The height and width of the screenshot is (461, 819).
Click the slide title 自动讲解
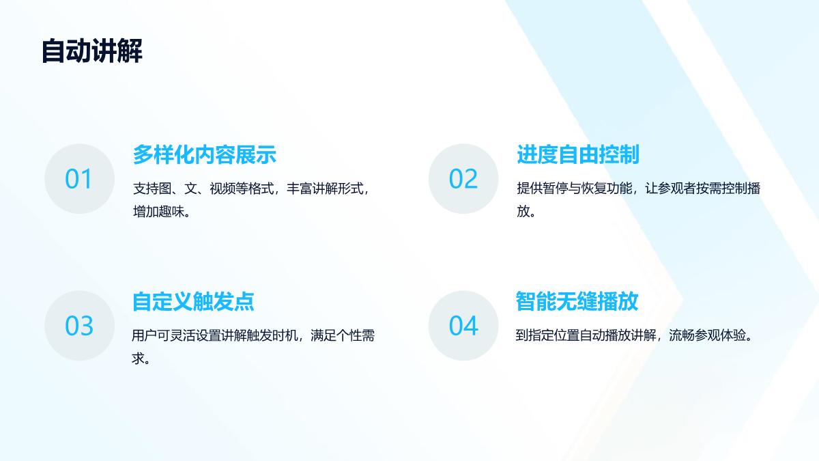point(91,51)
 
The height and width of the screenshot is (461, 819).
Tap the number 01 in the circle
point(78,179)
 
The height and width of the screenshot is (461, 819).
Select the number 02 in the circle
point(463,179)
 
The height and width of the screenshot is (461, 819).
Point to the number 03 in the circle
point(79,326)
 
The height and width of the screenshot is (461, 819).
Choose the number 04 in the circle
point(463,326)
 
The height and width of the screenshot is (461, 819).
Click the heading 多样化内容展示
point(204,154)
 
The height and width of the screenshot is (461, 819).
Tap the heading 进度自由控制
point(578,154)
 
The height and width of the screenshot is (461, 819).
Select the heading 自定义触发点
point(193,301)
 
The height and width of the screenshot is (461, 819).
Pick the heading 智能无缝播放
point(577,301)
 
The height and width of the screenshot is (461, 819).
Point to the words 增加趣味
point(158,212)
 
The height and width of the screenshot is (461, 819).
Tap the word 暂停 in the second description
point(555,188)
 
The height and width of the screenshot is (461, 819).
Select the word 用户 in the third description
point(145,335)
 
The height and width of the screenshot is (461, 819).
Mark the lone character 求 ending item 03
point(138,359)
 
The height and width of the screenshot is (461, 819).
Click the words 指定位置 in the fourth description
point(554,335)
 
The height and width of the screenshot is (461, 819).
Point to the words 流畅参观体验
point(708,335)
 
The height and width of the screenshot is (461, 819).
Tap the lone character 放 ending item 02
point(523,212)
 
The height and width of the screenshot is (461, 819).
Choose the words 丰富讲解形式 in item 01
point(325,188)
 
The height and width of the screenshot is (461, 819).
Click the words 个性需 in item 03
point(356,335)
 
